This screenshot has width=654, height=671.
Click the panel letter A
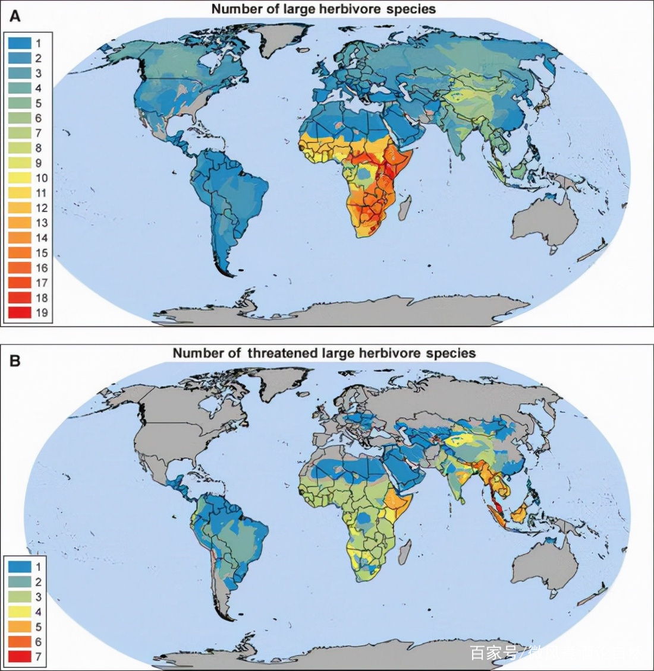coord(15,16)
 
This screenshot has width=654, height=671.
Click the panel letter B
coord(15,360)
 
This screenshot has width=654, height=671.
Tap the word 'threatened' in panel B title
coord(283,353)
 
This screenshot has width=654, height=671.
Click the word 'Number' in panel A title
coord(235,10)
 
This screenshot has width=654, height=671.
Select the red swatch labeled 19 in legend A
coord(20,312)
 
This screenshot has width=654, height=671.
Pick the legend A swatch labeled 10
coord(20,178)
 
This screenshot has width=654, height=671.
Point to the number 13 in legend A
coord(41,223)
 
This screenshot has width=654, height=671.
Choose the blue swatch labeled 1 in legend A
coord(20,43)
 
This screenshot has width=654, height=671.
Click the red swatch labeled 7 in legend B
coord(20,657)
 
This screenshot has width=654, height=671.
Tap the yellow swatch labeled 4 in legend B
coord(20,612)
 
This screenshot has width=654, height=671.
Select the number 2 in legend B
coord(39,582)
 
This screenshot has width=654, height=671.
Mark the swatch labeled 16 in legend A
coord(20,268)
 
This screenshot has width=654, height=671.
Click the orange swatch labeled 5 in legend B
coord(20,626)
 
